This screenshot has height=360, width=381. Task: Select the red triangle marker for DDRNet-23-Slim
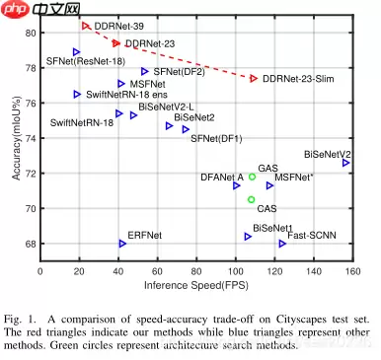(255, 78)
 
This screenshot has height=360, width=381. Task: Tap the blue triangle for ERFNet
(122, 243)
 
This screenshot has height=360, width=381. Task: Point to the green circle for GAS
(253, 178)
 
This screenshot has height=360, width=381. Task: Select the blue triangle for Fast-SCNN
(283, 243)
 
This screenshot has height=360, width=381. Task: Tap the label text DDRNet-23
(150, 43)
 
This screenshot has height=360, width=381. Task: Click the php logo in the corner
(14, 9)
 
